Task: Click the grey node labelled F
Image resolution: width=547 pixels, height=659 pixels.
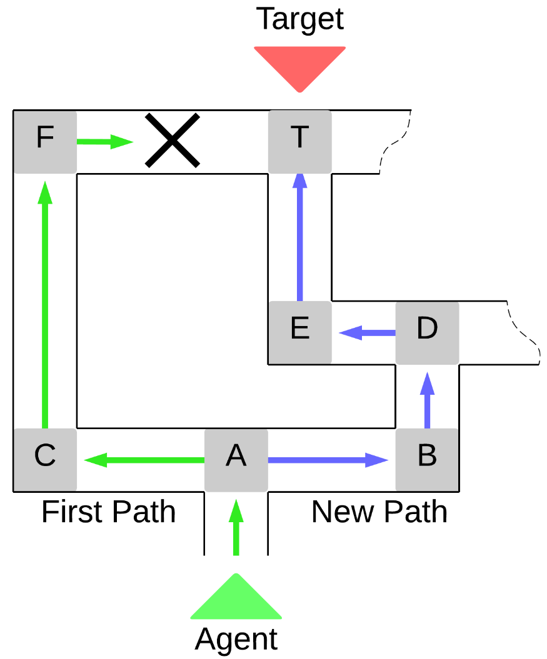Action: (45, 142)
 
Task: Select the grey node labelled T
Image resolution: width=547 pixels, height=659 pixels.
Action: (300, 142)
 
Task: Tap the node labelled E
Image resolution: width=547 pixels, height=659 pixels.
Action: (300, 332)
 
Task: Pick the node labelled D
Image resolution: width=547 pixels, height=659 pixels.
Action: (427, 332)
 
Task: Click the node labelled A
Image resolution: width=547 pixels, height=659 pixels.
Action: (236, 460)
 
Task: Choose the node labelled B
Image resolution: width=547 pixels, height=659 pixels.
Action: (427, 460)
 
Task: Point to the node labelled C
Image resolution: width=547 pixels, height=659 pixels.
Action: (45, 460)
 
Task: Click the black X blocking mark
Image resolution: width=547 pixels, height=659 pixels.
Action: (173, 141)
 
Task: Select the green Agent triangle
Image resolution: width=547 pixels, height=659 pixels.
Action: (236, 600)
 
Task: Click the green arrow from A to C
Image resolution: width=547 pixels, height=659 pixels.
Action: (144, 460)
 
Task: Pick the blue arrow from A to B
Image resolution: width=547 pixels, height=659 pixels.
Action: (328, 460)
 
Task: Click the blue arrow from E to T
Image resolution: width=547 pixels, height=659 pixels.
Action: (300, 237)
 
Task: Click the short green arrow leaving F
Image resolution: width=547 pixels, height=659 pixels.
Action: (104, 142)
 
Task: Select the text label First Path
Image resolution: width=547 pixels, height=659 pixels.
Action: (108, 512)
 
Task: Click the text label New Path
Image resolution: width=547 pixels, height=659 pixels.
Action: (379, 512)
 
